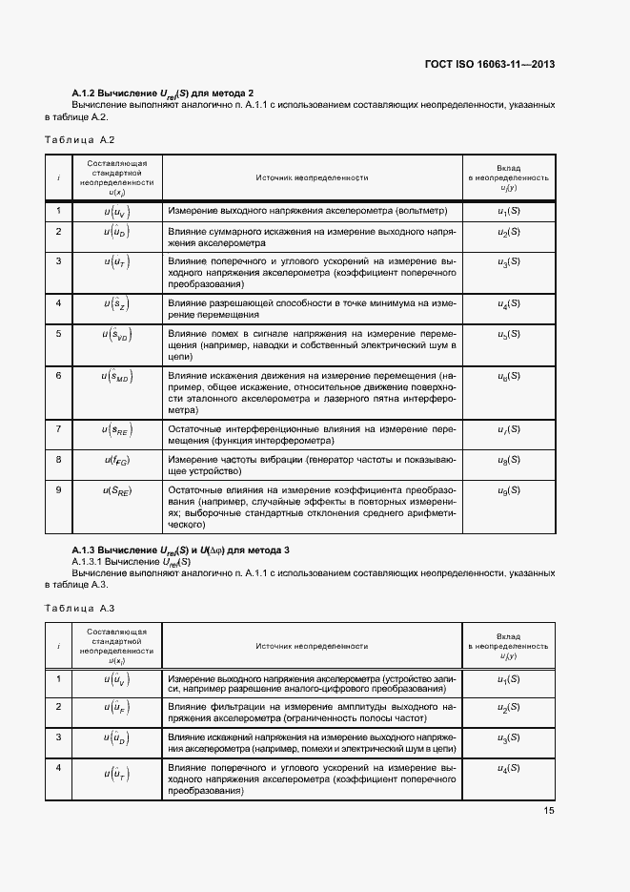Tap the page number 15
click(x=549, y=811)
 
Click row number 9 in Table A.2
click(x=59, y=489)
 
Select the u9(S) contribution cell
click(x=508, y=490)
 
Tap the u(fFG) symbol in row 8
click(x=116, y=460)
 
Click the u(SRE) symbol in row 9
click(x=116, y=490)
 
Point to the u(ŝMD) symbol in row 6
click(x=116, y=378)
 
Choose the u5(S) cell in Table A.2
click(x=508, y=334)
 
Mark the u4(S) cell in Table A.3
click(x=508, y=768)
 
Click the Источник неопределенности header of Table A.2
click(x=312, y=177)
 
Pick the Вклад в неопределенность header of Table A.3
click(x=508, y=646)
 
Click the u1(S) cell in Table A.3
click(x=508, y=678)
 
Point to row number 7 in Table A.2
click(x=59, y=428)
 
